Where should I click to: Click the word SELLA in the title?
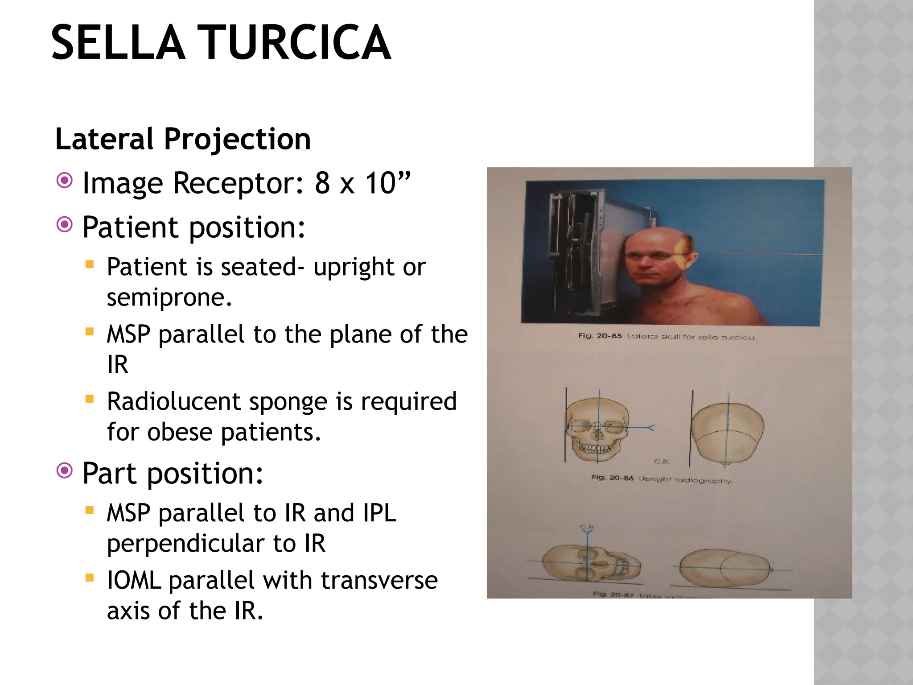click(x=118, y=43)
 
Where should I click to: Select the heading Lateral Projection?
click(x=183, y=139)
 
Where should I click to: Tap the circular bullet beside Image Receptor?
click(x=65, y=181)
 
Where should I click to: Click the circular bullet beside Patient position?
click(x=65, y=225)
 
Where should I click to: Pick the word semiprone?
click(x=169, y=297)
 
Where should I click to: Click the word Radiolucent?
click(x=174, y=401)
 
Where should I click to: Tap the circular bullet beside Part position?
click(x=65, y=470)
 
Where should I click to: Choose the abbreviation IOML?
click(x=134, y=580)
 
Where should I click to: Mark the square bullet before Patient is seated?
click(x=90, y=264)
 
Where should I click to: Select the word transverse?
click(x=379, y=580)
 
